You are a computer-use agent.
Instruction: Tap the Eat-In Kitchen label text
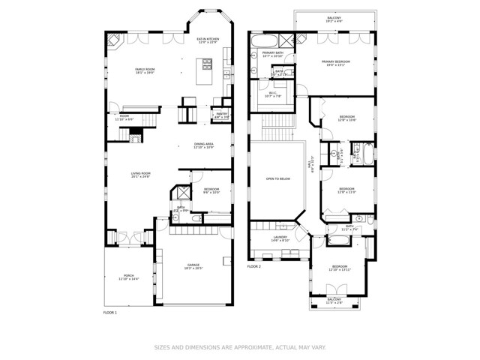click(207, 40)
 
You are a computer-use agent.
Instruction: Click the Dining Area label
click(203, 145)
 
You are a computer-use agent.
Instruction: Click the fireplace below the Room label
click(135, 136)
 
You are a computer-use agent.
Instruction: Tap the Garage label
click(193, 266)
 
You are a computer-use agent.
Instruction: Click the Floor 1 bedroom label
click(211, 190)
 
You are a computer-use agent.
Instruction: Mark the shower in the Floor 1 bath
click(181, 192)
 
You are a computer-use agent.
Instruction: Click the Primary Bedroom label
click(335, 62)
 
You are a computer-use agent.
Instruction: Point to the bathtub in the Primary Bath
click(265, 40)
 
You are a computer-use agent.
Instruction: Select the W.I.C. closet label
click(272, 94)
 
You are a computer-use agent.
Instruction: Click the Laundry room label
click(280, 238)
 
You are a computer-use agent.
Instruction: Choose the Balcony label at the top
click(334, 19)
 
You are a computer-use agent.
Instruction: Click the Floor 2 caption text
click(254, 266)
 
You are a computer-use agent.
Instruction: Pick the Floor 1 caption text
click(109, 312)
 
